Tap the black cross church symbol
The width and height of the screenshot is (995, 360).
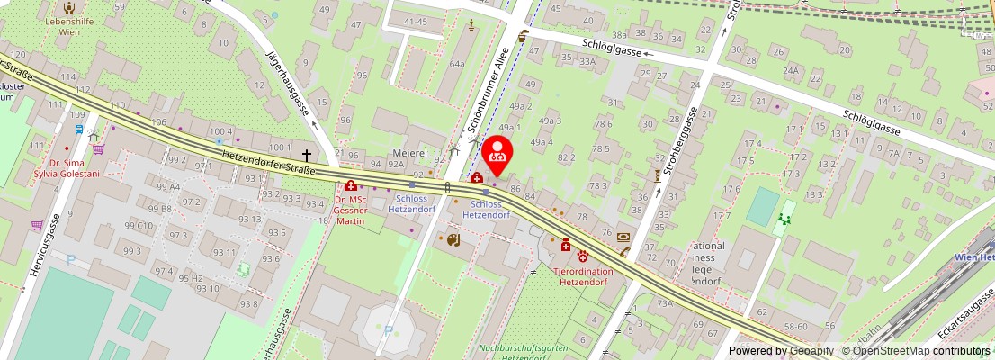(307, 156)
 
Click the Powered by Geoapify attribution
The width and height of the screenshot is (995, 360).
(780, 351)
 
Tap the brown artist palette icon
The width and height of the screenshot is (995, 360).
(453, 239)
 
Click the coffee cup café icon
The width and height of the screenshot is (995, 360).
(523, 38)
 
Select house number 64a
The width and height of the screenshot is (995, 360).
(457, 64)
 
